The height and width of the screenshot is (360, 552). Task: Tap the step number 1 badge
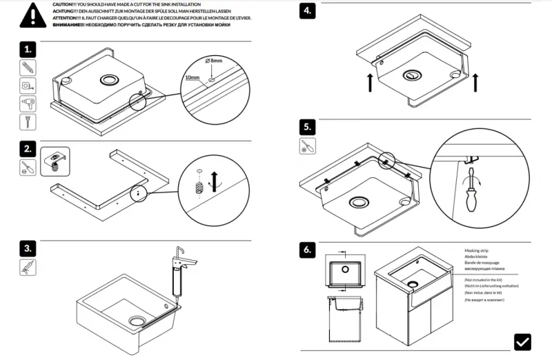[x=28, y=50]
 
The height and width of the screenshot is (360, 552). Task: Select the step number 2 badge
[x=28, y=149]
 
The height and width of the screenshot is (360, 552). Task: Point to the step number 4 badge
[x=309, y=11]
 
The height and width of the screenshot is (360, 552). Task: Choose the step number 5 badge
[x=308, y=128]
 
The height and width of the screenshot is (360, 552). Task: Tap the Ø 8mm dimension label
[x=213, y=61]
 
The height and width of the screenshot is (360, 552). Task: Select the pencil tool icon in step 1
[x=27, y=68]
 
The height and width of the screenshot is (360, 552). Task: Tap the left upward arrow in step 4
[x=371, y=81]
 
